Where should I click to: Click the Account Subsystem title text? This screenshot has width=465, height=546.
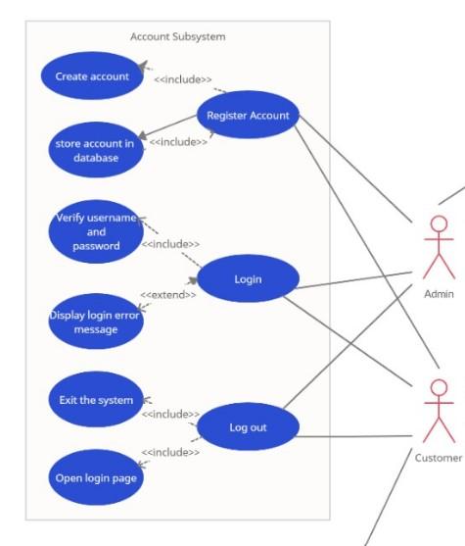pyautogui.click(x=177, y=36)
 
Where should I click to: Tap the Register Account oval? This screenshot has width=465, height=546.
pyautogui.click(x=248, y=116)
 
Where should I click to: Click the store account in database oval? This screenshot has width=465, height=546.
pyautogui.click(x=94, y=148)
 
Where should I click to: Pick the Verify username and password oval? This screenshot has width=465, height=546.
pyautogui.click(x=95, y=231)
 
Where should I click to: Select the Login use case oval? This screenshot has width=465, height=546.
pyautogui.click(x=248, y=279)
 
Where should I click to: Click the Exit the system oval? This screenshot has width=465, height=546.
pyautogui.click(x=95, y=400)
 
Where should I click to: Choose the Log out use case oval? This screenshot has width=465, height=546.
pyautogui.click(x=248, y=427)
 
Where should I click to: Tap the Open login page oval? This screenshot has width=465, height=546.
pyautogui.click(x=95, y=478)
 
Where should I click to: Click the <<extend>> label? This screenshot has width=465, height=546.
pyautogui.click(x=167, y=294)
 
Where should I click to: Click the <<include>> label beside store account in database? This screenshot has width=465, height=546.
pyautogui.click(x=178, y=142)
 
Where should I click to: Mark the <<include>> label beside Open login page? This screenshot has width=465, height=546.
pyautogui.click(x=170, y=452)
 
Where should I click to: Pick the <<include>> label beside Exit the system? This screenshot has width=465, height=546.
pyautogui.click(x=170, y=414)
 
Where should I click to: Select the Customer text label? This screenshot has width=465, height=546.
pyautogui.click(x=438, y=458)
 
